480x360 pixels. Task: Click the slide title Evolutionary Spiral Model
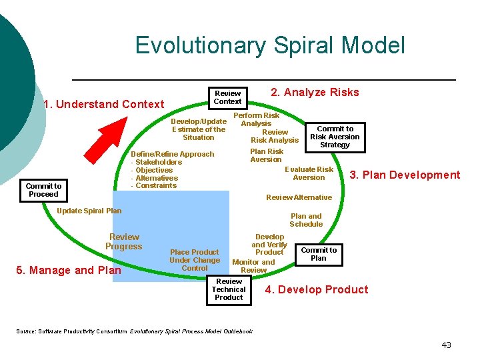tap(269, 45)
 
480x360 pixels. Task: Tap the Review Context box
tap(227, 98)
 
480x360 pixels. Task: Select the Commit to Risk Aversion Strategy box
tap(335, 137)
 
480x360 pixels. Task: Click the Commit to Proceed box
tap(43, 191)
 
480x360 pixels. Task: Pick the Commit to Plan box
tap(319, 254)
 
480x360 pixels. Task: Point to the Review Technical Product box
tap(229, 290)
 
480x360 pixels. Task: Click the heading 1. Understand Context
tap(103, 104)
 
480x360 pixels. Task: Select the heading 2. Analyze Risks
tap(315, 93)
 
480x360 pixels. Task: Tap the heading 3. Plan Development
tap(405, 175)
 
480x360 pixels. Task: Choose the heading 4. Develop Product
tap(316, 289)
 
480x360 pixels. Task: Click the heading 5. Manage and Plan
tap(69, 270)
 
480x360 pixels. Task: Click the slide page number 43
tap(446, 345)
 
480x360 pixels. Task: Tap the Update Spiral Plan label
tap(90, 211)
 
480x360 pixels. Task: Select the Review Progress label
tap(124, 241)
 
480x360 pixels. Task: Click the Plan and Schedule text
tap(306, 220)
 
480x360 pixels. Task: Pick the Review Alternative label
tap(299, 197)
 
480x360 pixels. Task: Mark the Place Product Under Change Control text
tap(194, 260)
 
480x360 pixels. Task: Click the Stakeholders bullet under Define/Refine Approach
tap(158, 162)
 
